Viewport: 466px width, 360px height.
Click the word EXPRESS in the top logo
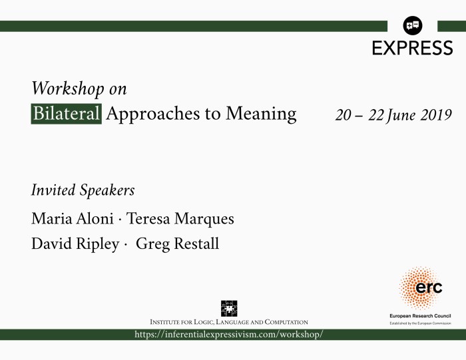point(412,48)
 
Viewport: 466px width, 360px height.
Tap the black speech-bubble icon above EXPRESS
point(413,26)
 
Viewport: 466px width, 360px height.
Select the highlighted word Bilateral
point(67,114)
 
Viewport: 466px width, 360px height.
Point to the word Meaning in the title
point(260,114)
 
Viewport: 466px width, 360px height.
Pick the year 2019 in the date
point(435,114)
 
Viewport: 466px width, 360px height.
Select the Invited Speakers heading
point(83,190)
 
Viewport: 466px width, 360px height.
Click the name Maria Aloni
point(67,219)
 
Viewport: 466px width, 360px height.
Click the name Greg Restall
point(177,244)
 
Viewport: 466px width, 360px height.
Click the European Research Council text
point(420,315)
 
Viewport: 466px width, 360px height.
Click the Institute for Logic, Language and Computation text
point(229,322)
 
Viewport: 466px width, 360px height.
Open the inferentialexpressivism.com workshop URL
point(229,334)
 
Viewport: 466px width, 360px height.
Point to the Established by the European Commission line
point(420,323)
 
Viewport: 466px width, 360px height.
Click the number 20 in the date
point(344,114)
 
